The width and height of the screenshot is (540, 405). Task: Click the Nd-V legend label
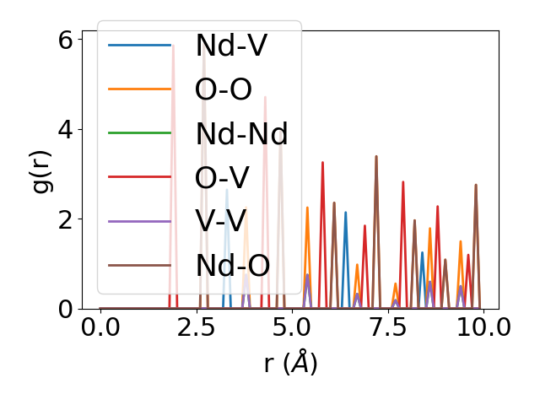pyautogui.click(x=231, y=46)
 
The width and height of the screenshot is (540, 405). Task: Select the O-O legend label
pyautogui.click(x=224, y=89)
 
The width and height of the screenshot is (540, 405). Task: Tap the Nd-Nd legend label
pyautogui.click(x=241, y=133)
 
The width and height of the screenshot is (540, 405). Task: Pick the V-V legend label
pyautogui.click(x=220, y=221)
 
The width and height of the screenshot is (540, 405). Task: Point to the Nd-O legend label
pyautogui.click(x=232, y=265)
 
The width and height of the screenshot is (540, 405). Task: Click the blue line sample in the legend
pyautogui.click(x=140, y=46)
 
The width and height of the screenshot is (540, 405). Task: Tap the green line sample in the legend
pyautogui.click(x=140, y=133)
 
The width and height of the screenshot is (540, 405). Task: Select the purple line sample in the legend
pyautogui.click(x=140, y=221)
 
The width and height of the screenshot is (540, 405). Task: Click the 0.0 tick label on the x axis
pyautogui.click(x=100, y=327)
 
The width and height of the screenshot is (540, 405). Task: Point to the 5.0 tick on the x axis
pyautogui.click(x=292, y=327)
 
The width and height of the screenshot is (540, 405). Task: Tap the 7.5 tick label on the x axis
pyautogui.click(x=387, y=327)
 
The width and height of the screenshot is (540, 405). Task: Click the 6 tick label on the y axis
pyautogui.click(x=64, y=40)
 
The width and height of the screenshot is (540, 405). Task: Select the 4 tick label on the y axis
pyautogui.click(x=64, y=129)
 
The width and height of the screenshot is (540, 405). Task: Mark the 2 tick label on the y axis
pyautogui.click(x=64, y=219)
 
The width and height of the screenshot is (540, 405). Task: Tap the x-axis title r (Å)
pyautogui.click(x=291, y=363)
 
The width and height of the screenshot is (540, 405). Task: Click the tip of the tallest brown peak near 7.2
pyautogui.click(x=376, y=156)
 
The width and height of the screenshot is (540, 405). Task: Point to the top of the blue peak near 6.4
pyautogui.click(x=346, y=213)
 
